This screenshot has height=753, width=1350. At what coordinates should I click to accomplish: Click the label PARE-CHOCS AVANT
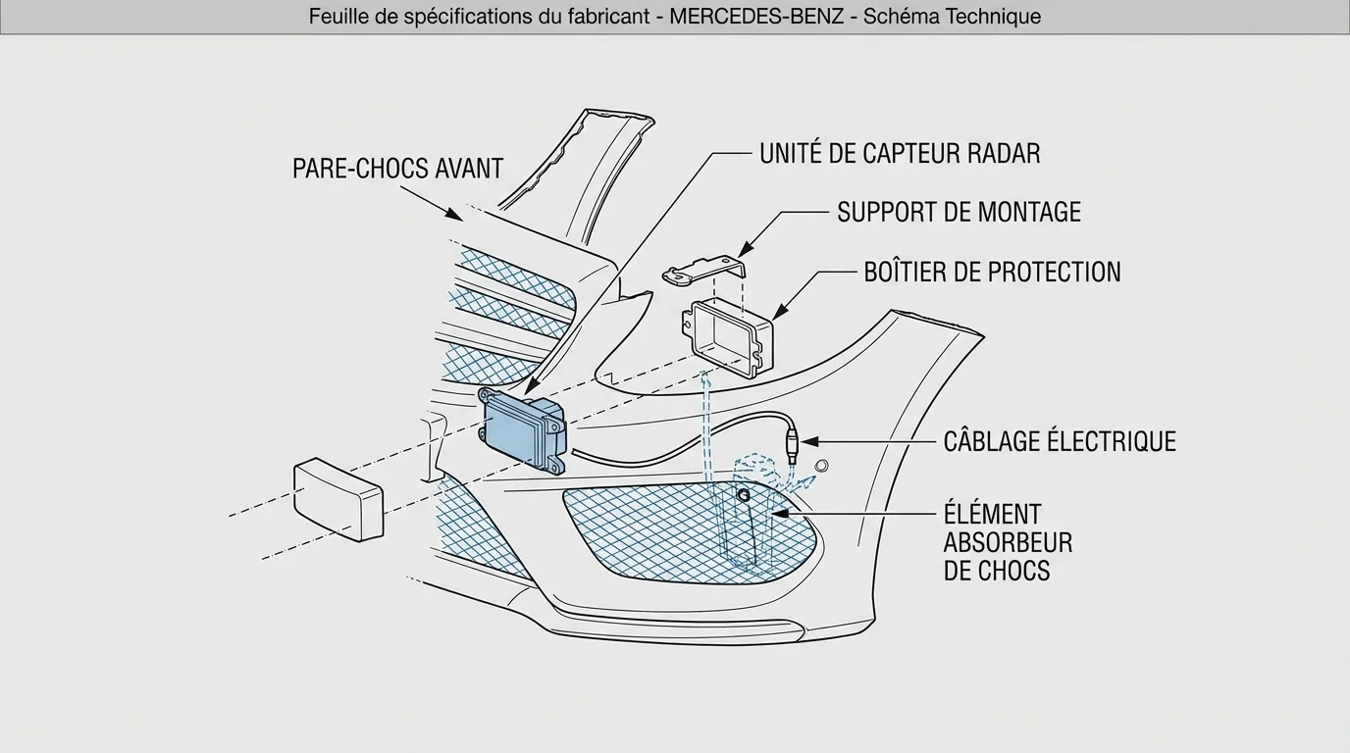397,169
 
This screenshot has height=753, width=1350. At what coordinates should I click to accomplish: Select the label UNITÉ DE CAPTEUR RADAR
899,154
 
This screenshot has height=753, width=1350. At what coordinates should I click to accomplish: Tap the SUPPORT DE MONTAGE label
959,213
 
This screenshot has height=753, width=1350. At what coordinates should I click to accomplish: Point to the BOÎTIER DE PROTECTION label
992,273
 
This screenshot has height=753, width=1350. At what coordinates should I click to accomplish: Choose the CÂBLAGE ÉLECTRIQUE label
1059,441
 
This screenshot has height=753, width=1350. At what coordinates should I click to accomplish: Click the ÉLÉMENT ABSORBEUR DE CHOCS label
1008,542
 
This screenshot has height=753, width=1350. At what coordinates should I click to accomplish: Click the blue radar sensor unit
522,431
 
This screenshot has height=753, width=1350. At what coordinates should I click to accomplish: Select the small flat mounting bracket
704,271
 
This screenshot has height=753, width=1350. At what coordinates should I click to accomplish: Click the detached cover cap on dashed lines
339,498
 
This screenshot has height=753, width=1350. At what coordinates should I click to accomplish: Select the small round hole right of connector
822,464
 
